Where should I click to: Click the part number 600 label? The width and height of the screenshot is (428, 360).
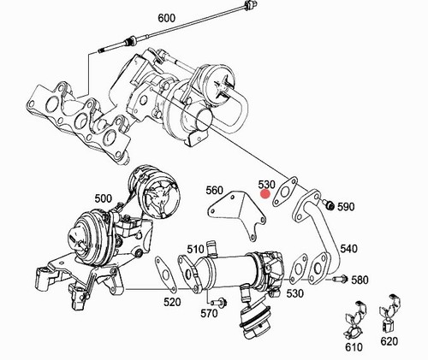pyautogui.click(x=167, y=18)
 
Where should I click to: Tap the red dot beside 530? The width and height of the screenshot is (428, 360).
pyautogui.click(x=265, y=194)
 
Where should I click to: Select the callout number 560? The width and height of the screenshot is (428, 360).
pyautogui.click(x=215, y=190)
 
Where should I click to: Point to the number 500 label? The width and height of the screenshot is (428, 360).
pyautogui.click(x=104, y=198)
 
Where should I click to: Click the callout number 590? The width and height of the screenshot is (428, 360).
pyautogui.click(x=346, y=207)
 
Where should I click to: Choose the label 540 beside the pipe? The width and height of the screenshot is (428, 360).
pyautogui.click(x=348, y=249)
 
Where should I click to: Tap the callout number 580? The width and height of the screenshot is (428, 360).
pyautogui.click(x=360, y=280)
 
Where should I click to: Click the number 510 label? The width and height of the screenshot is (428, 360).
pyautogui.click(x=195, y=250)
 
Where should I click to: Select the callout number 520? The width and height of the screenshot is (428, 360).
pyautogui.click(x=172, y=302)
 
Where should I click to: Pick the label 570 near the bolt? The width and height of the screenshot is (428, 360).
pyautogui.click(x=209, y=314)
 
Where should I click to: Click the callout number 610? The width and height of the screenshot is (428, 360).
pyautogui.click(x=354, y=347)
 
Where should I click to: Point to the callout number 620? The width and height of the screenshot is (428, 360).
pyautogui.click(x=389, y=341)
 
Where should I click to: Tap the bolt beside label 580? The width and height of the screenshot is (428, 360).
pyautogui.click(x=341, y=278)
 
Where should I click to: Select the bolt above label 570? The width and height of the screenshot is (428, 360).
pyautogui.click(x=220, y=301)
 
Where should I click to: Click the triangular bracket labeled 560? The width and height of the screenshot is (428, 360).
pyautogui.click(x=236, y=215)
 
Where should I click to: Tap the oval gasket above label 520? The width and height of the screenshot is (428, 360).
pyautogui.click(x=165, y=274)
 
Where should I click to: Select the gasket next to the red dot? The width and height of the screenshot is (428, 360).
pyautogui.click(x=284, y=192)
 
